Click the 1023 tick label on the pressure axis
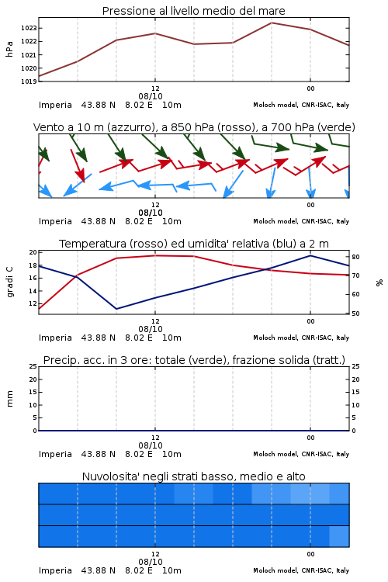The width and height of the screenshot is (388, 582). pos(29,28)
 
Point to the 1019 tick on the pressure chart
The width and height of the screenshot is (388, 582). pos(29,81)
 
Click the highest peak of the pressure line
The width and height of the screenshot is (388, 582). pos(272,23)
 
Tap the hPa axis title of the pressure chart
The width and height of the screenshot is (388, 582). pos(9,49)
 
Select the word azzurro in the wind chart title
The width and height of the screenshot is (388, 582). pos(130,127)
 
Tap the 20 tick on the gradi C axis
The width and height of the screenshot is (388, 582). pos(33,252)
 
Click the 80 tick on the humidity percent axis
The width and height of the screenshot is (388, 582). pos(355,257)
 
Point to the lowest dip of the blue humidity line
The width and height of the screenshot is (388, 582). pos(116,309)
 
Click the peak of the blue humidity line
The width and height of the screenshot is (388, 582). pos(310,255)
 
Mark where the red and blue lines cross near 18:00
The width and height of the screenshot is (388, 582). pos(266,269)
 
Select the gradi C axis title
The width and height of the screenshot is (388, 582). pos(9,282)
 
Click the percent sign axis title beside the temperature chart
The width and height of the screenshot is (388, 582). pos(379,282)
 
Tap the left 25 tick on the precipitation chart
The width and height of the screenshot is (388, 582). pos(33,366)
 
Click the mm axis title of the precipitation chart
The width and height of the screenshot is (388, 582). pos(9,399)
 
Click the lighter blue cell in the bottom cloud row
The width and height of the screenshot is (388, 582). pos(339,536)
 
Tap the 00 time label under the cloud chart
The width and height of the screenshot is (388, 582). pos(310,554)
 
